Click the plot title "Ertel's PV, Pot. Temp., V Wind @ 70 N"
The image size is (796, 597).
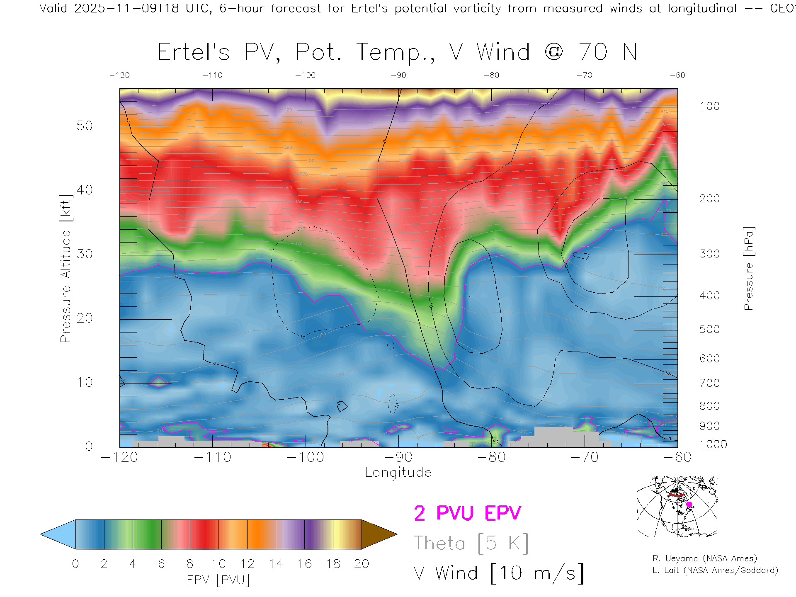[x=397, y=53]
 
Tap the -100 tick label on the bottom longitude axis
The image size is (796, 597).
[x=305, y=457]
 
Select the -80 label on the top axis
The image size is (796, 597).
[x=491, y=75]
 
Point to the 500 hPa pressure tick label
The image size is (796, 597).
[x=709, y=329]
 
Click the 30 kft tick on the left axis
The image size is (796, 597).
[x=85, y=254]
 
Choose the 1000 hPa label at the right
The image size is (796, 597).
[x=713, y=444]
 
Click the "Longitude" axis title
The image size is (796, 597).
[x=398, y=473]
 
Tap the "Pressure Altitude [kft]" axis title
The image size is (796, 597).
[x=66, y=268]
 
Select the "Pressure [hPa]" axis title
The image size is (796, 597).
[x=748, y=268]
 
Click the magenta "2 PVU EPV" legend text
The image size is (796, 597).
[x=467, y=513]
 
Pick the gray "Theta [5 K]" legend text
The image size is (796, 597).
[x=471, y=543]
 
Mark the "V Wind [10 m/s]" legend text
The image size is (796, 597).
[x=498, y=573]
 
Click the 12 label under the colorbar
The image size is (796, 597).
[x=247, y=564]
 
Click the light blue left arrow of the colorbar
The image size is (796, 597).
[x=58, y=534]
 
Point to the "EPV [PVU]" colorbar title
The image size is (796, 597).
[x=218, y=580]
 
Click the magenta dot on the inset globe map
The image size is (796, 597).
[x=689, y=505]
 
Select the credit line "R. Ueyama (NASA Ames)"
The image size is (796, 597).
[x=704, y=558]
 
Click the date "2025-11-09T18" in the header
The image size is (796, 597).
[x=126, y=8]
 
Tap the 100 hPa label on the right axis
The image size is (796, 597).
[x=709, y=106]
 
